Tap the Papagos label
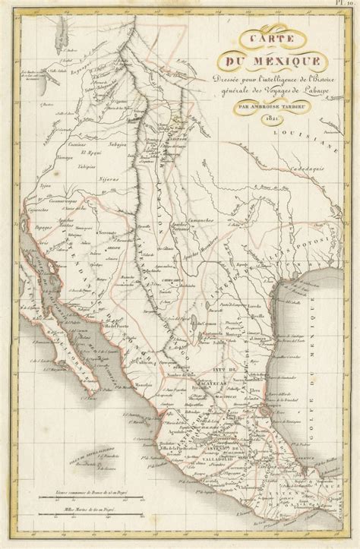[39, 226]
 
